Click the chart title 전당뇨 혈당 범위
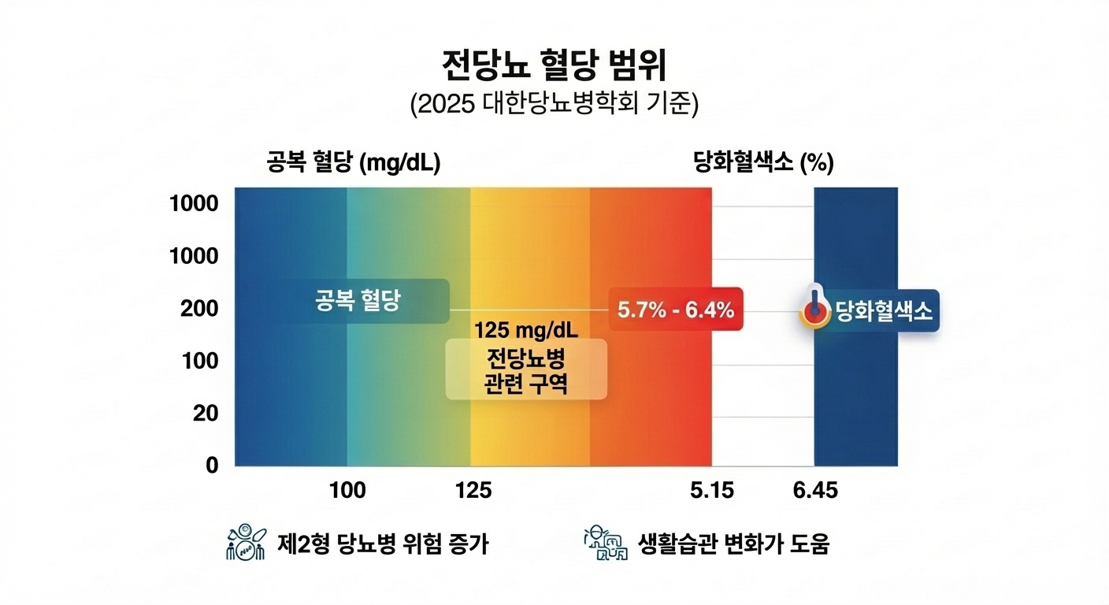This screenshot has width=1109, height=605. tap(554, 66)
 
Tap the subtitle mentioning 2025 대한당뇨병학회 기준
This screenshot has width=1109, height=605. tap(554, 106)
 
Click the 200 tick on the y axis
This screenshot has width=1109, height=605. tap(201, 309)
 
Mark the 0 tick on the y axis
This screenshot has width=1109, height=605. tap(212, 465)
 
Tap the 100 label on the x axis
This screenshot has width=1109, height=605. tap(347, 491)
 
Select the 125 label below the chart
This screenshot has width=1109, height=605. tap(473, 491)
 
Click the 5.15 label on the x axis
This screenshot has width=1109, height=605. tap(711, 491)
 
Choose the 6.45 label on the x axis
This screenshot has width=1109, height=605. tap(815, 491)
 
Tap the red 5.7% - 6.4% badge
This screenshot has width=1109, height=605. tap(675, 310)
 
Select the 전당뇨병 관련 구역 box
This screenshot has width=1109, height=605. tap(526, 369)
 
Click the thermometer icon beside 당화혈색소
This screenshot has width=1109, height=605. tap(814, 309)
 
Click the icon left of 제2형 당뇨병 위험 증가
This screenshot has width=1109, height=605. tap(246, 543)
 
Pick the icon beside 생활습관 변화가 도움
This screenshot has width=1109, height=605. tap(604, 543)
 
